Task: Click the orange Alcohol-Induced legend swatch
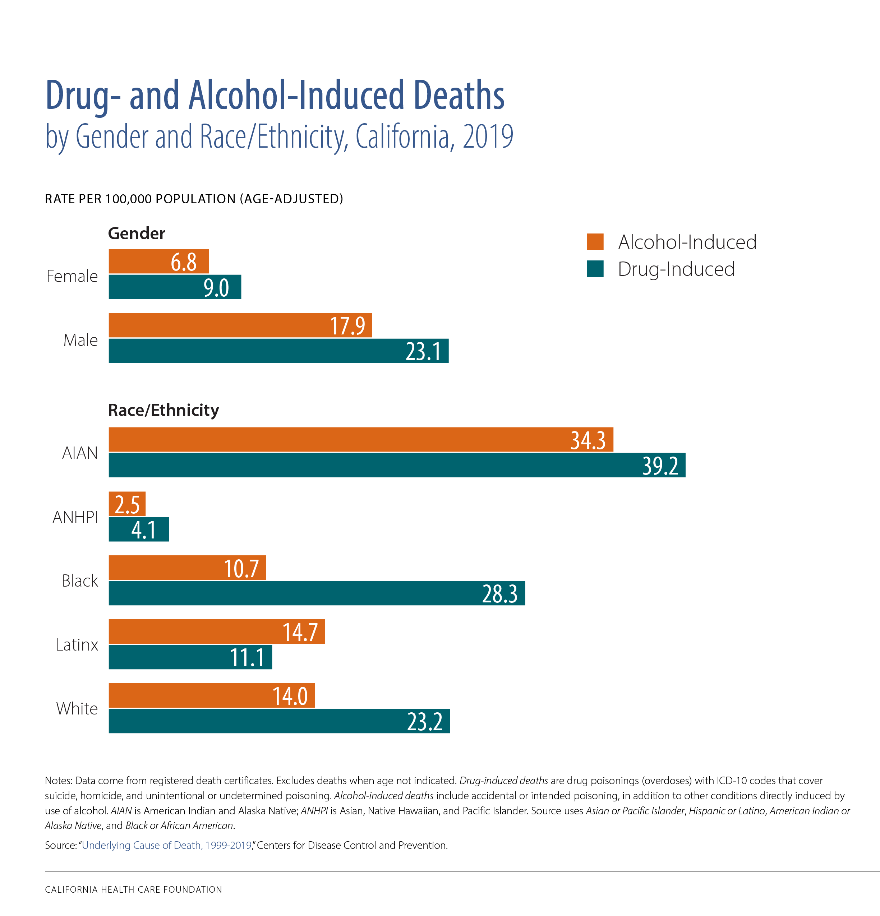pyautogui.click(x=595, y=242)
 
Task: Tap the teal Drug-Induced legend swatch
pyautogui.click(x=595, y=269)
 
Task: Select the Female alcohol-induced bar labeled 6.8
pyautogui.click(x=158, y=261)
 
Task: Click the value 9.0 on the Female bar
pyautogui.click(x=216, y=287)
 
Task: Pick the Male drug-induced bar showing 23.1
pyautogui.click(x=278, y=351)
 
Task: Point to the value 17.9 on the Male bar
pyautogui.click(x=347, y=326)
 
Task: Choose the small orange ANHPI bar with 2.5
pyautogui.click(x=127, y=504)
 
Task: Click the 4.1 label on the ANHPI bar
pyautogui.click(x=143, y=529)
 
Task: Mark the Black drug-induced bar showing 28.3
pyautogui.click(x=316, y=593)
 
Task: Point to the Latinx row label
pyautogui.click(x=77, y=644)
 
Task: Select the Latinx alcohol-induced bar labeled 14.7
pyautogui.click(x=216, y=632)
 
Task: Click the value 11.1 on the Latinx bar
pyautogui.click(x=247, y=657)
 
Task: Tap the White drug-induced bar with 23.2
pyautogui.click(x=279, y=721)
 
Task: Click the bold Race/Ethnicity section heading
pyautogui.click(x=163, y=410)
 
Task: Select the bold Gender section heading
pyautogui.click(x=136, y=233)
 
